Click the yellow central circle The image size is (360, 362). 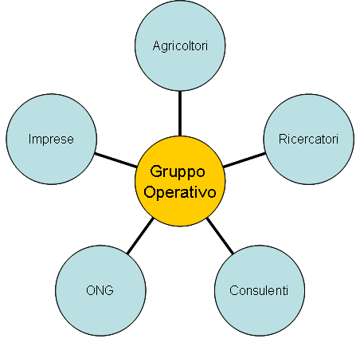180,181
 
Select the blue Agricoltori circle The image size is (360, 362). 180,45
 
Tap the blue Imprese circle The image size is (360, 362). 51,139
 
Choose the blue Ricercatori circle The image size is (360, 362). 309,139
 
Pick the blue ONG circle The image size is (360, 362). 100,290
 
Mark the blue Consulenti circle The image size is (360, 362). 260,290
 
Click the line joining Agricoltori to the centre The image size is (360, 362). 180,113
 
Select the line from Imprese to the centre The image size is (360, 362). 115,160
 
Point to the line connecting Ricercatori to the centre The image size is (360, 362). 245,160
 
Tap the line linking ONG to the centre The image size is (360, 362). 140,236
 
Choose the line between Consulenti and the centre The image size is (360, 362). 220,236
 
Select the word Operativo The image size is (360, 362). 180,192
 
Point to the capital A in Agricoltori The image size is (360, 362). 157,45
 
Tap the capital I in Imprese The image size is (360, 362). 30,139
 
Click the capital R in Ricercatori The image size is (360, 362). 283,139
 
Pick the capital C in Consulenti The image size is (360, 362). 234,290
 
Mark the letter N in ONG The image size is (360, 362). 100,290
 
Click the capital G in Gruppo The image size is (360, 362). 156,171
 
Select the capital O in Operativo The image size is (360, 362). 150,191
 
